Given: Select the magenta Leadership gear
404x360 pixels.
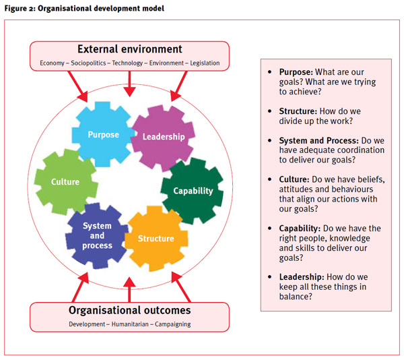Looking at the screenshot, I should (x=163, y=136).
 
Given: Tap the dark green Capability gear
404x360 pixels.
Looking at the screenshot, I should (x=193, y=190).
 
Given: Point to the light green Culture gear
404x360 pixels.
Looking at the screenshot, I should (x=65, y=181).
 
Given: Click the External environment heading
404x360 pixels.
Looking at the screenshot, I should (x=130, y=49).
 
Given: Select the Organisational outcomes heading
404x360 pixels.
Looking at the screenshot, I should (x=130, y=311).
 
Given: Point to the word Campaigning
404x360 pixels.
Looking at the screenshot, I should (x=171, y=324).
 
